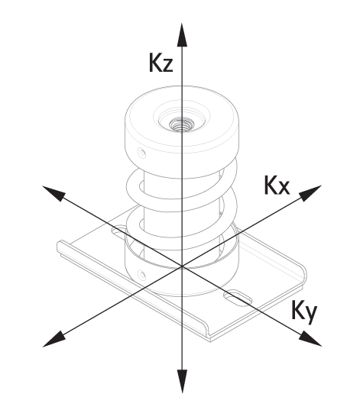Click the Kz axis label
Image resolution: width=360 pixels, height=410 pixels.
(161, 63)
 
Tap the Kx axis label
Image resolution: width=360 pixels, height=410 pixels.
(277, 185)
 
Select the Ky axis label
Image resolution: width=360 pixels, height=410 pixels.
(304, 312)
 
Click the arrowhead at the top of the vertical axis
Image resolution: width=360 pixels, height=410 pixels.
(182, 35)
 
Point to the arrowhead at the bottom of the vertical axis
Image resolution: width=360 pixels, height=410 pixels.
(182, 381)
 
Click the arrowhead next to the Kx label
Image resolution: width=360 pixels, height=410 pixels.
(310, 192)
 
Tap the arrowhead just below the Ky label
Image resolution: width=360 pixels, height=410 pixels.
(310, 339)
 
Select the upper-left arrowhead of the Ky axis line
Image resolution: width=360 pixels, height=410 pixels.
(54, 193)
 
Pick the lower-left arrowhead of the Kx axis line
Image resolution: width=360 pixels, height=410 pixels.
(54, 339)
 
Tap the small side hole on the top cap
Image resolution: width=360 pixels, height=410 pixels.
(142, 153)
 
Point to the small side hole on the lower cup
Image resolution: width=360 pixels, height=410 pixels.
(142, 275)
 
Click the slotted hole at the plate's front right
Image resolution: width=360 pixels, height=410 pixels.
(238, 298)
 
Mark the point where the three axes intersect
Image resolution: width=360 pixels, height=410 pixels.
(182, 266)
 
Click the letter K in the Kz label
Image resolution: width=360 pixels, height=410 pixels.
(154, 63)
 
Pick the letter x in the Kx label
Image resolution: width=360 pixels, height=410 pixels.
(284, 188)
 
